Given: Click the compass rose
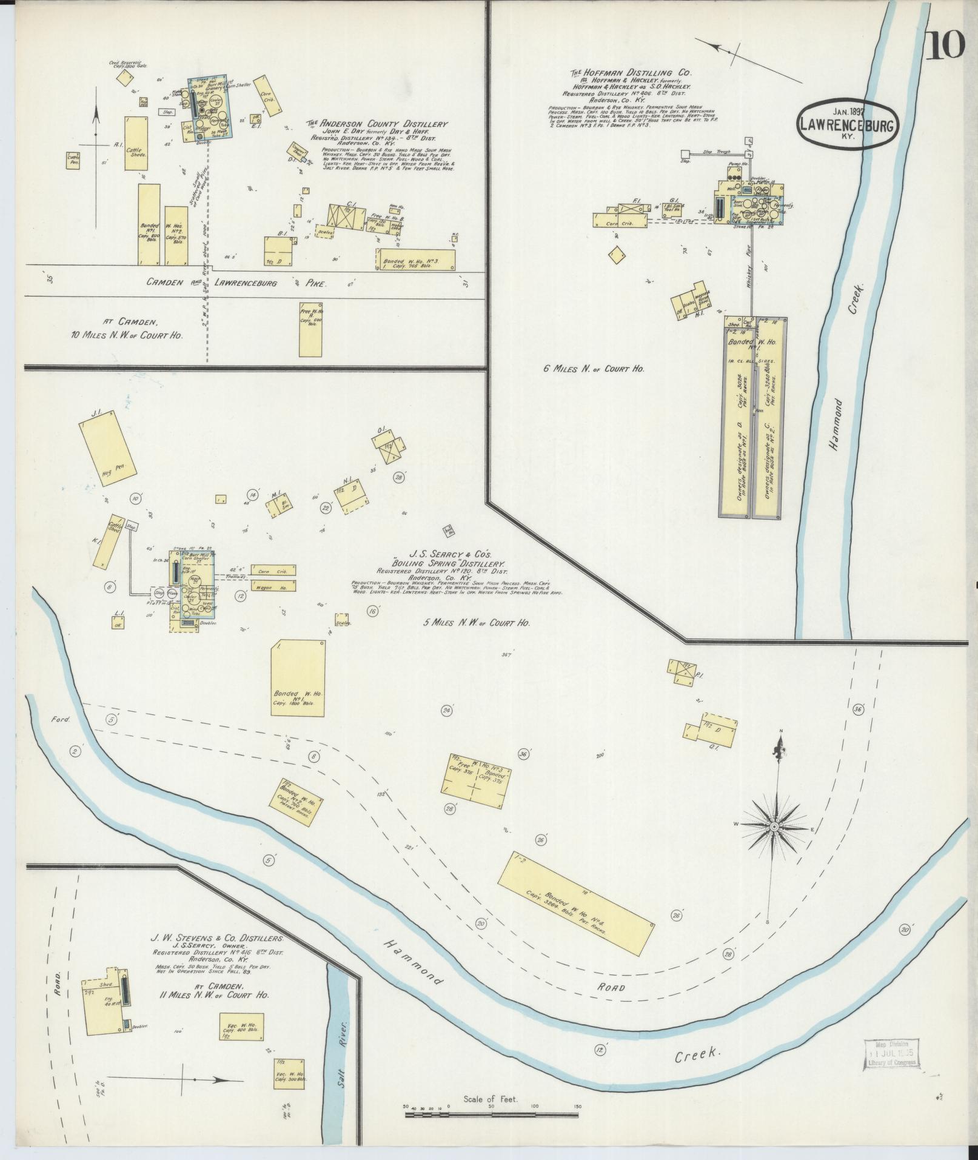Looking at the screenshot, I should [774, 826].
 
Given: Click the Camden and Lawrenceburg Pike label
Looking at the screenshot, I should [236, 283].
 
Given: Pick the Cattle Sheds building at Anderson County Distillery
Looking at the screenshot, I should [137, 146].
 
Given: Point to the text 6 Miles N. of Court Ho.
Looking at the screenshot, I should [594, 367].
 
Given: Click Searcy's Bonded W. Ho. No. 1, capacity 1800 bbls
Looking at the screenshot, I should [297, 677].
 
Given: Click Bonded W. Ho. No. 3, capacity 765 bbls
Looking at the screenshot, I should [414, 259].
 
